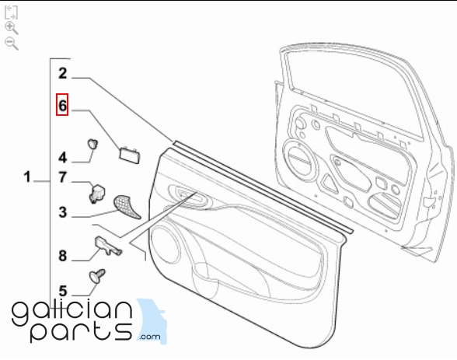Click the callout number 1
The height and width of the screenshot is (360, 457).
point(27,177)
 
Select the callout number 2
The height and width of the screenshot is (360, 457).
point(63,73)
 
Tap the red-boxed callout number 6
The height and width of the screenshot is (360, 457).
point(62,105)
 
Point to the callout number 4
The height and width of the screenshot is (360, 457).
point(63,158)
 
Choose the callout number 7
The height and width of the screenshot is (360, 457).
point(63,177)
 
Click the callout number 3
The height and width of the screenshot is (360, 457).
point(63,212)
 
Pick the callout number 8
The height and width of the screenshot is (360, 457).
point(63,256)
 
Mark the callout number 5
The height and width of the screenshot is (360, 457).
point(63,291)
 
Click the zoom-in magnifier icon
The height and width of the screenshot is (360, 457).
point(12,28)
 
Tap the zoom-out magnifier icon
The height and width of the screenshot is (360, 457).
point(12,44)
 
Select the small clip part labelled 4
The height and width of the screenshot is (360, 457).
point(93,144)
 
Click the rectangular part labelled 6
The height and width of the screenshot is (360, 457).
point(130,155)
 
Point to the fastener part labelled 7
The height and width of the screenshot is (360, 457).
point(97,193)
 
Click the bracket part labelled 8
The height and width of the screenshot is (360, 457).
point(107,246)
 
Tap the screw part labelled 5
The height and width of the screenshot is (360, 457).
point(97,275)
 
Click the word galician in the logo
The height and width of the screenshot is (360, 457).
point(72,313)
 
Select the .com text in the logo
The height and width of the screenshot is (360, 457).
point(150,337)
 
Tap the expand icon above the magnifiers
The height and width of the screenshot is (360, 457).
point(11,12)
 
